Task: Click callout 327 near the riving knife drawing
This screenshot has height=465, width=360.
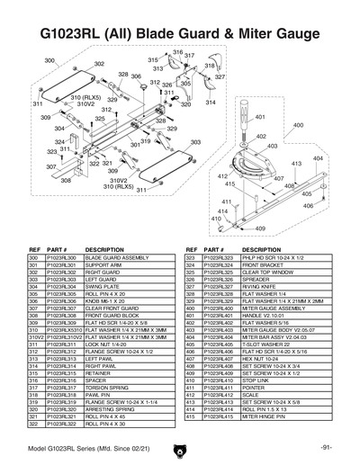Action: pos(219,77)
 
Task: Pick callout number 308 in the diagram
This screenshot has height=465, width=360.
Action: pos(66,180)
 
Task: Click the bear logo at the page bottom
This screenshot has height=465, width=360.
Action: pos(180,449)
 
